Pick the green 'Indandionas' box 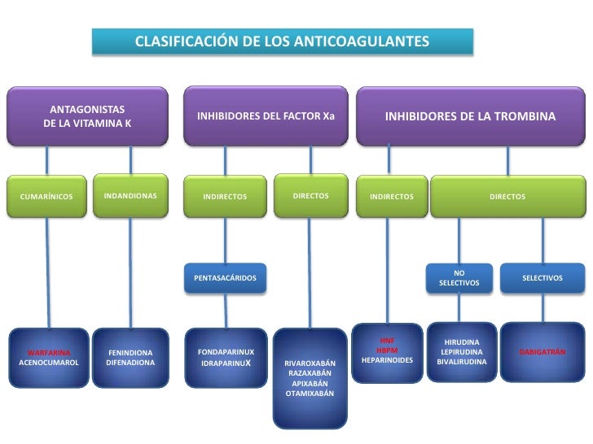coord(130,196)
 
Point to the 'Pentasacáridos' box coord(225,279)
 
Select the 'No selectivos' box coord(459,278)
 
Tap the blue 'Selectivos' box coord(542,278)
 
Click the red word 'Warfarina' coord(48,353)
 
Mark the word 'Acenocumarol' coord(48,363)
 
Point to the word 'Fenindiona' coord(130,353)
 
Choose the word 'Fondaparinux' coord(226,352)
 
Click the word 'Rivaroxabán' coord(310,363)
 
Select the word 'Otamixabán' coord(310,393)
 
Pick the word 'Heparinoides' coord(387,359)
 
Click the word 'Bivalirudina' coord(461,361)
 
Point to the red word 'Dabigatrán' coord(542,352)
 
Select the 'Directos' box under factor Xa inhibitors coord(310,196)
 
